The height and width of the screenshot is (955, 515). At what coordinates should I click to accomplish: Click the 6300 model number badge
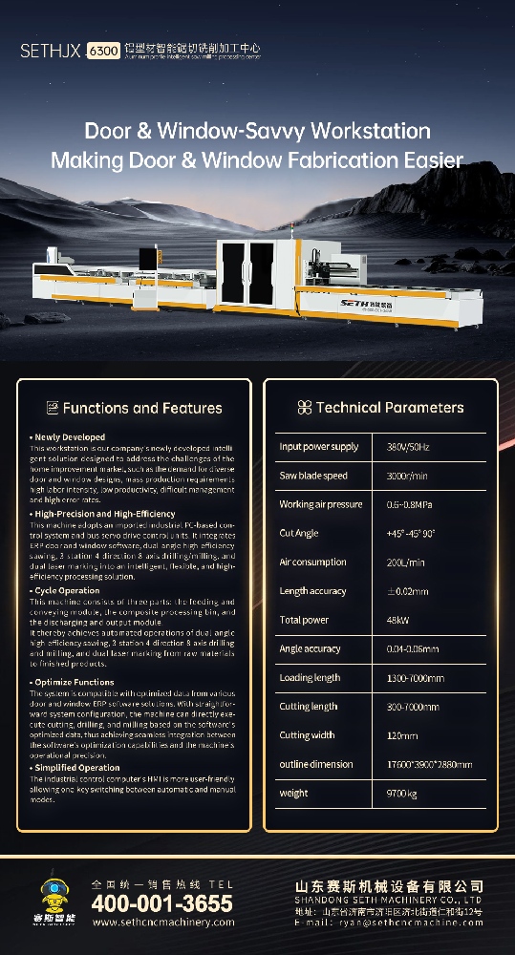coord(103,50)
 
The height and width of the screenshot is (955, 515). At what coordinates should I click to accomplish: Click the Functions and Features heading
coord(142,409)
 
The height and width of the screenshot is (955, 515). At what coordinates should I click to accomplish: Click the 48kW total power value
coord(399,620)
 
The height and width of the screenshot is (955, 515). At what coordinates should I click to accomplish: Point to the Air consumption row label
coord(312,562)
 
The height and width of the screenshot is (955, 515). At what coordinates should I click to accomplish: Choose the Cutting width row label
coord(308,735)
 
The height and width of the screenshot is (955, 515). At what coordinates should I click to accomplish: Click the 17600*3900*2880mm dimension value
coord(429,764)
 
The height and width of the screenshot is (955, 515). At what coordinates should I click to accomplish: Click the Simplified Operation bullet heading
coord(76,768)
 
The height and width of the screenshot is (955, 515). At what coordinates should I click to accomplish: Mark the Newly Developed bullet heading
coord(69,437)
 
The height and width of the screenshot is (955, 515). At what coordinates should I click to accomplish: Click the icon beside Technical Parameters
coord(304,408)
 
